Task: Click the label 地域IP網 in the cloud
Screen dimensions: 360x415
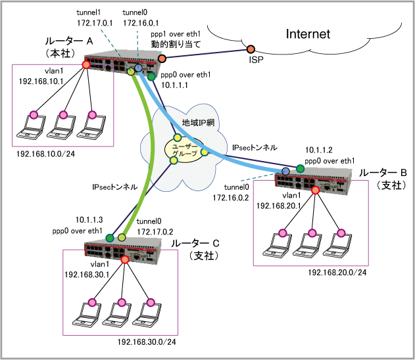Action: coord(198,123)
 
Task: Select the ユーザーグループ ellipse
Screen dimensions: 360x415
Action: coord(184,150)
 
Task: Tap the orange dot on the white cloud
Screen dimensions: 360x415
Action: coord(251,49)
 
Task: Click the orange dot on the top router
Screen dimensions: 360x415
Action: coord(162,58)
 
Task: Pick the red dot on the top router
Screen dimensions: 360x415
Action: coord(86,64)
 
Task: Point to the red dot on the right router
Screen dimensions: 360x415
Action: coord(315,190)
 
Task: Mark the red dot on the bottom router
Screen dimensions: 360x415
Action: coord(125,259)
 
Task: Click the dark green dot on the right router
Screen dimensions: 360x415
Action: coord(301,169)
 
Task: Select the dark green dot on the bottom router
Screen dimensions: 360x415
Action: coord(110,238)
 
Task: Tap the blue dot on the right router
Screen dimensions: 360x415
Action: coord(286,171)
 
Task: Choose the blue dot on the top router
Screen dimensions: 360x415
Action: coord(138,68)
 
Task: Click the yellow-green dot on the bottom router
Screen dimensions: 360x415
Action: coord(122,237)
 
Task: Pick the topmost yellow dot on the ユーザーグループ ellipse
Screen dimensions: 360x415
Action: coord(178,138)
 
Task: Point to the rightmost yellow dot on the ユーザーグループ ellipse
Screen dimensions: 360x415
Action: coord(205,152)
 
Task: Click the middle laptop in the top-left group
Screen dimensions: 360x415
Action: coord(61,127)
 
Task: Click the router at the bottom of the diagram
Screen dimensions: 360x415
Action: coord(123,250)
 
